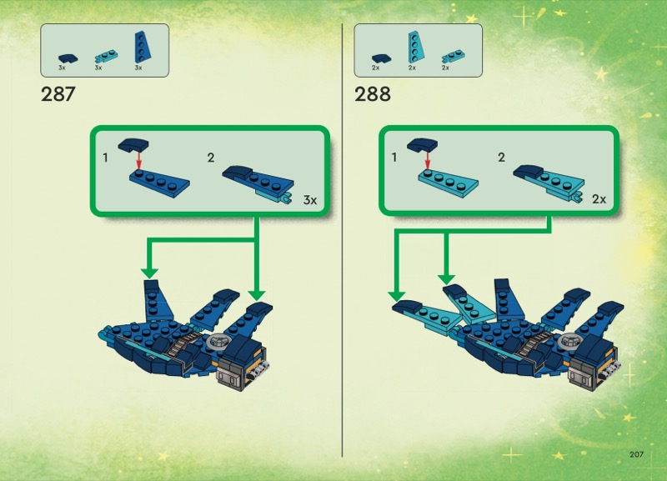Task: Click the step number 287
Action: (x=58, y=94)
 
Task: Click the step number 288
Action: (x=373, y=94)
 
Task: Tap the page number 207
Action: (x=636, y=454)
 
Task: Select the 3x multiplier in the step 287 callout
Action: (x=310, y=200)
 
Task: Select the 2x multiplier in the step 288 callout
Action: (x=599, y=199)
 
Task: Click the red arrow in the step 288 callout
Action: (x=428, y=159)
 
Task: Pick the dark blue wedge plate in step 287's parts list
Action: (x=143, y=48)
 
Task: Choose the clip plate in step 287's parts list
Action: (x=106, y=57)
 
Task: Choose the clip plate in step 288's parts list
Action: (x=453, y=57)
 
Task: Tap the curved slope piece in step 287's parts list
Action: (x=68, y=58)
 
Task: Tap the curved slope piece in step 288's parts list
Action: (x=382, y=58)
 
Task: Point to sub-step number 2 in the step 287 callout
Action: (x=211, y=158)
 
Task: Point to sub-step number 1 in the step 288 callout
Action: (x=394, y=158)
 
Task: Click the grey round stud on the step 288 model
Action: (x=569, y=341)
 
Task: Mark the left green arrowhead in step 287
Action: (x=150, y=273)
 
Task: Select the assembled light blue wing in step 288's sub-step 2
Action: (x=549, y=183)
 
